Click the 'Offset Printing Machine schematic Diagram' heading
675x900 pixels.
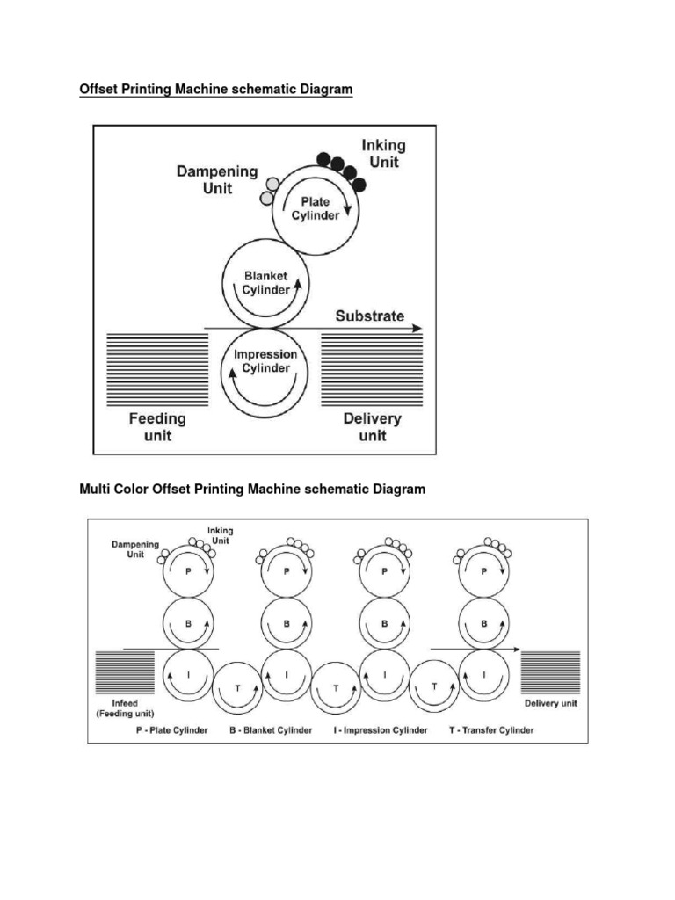(x=215, y=90)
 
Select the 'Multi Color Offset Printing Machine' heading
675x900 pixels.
(x=252, y=489)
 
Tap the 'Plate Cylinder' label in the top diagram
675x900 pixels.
(x=315, y=208)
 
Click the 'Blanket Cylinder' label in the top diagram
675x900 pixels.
(x=266, y=282)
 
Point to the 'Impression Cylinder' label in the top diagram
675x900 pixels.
(x=266, y=361)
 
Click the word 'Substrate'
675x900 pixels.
(x=370, y=316)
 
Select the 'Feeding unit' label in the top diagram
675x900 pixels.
(x=158, y=427)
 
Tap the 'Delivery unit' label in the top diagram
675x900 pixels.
(x=373, y=427)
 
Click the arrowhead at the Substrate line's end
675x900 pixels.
(x=417, y=328)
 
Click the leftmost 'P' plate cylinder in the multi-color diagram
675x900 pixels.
(x=187, y=571)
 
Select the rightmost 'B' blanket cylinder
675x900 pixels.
(x=483, y=623)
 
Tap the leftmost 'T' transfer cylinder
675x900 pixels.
(x=238, y=685)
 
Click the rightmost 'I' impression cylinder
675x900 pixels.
(x=483, y=674)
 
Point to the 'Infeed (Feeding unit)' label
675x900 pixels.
(x=125, y=709)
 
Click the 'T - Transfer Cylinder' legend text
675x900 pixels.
(x=490, y=730)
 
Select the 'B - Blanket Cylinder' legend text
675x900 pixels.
(x=271, y=730)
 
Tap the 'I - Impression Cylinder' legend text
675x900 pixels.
(x=379, y=730)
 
